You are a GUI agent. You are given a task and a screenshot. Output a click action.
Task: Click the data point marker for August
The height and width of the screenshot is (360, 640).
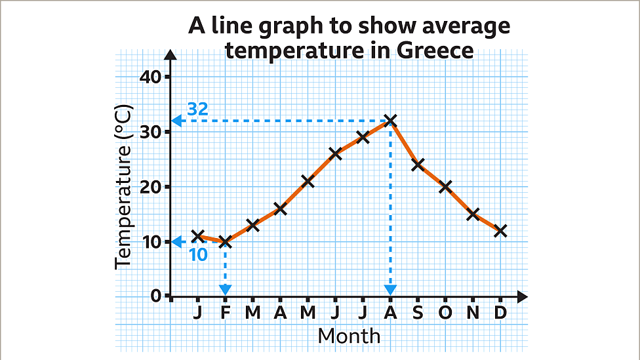tap(391, 121)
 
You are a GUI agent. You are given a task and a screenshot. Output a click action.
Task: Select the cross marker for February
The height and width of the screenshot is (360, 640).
tap(226, 242)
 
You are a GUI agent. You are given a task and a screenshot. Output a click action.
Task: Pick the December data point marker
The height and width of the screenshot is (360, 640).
tap(500, 231)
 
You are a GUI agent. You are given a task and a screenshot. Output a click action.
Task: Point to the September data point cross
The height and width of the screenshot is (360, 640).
tap(418, 165)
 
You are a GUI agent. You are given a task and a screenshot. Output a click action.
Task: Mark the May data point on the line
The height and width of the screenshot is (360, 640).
tap(308, 181)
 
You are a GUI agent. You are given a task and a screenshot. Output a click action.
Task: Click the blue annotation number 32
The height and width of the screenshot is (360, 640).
tap(197, 109)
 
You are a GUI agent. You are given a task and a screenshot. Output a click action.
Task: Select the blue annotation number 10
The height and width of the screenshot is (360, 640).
tap(198, 255)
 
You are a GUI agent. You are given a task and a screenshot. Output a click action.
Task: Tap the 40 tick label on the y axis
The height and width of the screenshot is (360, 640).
tap(151, 77)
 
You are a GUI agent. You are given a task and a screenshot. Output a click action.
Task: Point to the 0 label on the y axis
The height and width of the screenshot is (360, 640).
tap(157, 296)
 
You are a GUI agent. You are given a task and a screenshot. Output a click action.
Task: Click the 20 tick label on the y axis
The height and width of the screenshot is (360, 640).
tap(151, 187)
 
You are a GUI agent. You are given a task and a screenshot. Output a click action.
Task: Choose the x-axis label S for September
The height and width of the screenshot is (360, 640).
tap(418, 313)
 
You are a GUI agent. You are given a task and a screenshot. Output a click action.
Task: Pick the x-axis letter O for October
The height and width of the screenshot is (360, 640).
tap(445, 313)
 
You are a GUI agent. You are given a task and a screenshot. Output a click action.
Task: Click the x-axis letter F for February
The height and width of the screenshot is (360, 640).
tap(226, 313)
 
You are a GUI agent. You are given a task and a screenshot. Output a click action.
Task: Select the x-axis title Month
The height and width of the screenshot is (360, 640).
tap(349, 336)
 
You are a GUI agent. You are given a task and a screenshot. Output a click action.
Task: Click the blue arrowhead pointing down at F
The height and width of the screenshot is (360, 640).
tap(226, 289)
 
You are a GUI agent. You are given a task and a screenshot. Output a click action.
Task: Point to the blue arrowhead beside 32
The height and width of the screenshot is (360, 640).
tap(177, 121)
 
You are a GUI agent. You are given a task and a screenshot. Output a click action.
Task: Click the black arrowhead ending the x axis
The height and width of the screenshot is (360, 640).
tap(521, 296)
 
